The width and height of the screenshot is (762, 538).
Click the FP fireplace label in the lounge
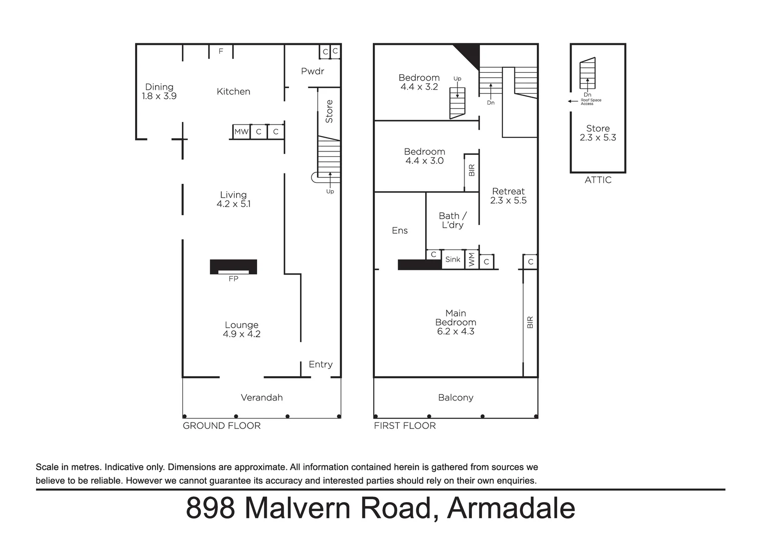pyautogui.click(x=233, y=278)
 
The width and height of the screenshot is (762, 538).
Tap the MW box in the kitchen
pyautogui.click(x=241, y=132)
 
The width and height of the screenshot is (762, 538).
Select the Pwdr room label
pyautogui.click(x=312, y=71)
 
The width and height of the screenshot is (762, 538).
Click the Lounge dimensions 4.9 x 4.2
pyautogui.click(x=241, y=334)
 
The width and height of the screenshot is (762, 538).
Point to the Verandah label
pyautogui.click(x=262, y=398)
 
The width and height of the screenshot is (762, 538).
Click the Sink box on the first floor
pyautogui.click(x=453, y=260)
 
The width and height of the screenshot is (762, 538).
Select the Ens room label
pyautogui.click(x=400, y=231)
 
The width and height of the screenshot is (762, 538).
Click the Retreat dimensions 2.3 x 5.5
pyautogui.click(x=508, y=200)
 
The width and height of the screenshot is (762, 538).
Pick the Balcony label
pyautogui.click(x=456, y=398)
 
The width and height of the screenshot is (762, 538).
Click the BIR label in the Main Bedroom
pyautogui.click(x=530, y=322)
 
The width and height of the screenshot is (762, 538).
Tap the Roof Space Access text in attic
pyautogui.click(x=591, y=102)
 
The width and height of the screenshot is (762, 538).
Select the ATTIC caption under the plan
pyautogui.click(x=598, y=180)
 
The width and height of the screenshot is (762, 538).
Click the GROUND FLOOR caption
pyautogui.click(x=221, y=426)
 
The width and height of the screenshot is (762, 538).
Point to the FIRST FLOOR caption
pyautogui.click(x=405, y=426)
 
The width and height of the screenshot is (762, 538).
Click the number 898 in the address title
pyautogui.click(x=210, y=508)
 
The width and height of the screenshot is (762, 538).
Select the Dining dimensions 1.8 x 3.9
pyautogui.click(x=159, y=96)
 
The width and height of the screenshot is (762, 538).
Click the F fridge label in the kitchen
pyautogui.click(x=221, y=51)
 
